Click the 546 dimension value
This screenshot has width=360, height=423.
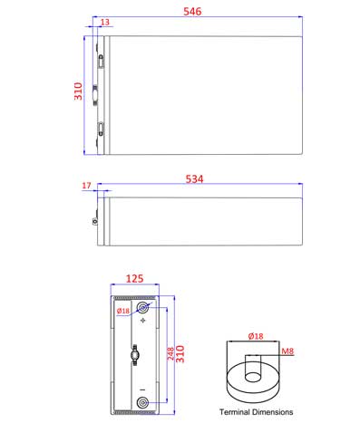tap(192, 12)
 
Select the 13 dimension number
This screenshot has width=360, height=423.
tap(105, 22)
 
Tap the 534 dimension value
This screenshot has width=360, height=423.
tap(194, 179)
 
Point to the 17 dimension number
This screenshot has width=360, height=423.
tap(86, 186)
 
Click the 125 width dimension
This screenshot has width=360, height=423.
tap(134, 278)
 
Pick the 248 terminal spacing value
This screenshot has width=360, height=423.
tap(170, 353)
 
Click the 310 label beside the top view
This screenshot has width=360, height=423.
tap(78, 91)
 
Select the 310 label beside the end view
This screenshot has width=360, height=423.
tap(180, 354)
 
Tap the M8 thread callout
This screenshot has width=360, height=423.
tap(287, 351)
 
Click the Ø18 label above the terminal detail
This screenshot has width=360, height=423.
tap(256, 336)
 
